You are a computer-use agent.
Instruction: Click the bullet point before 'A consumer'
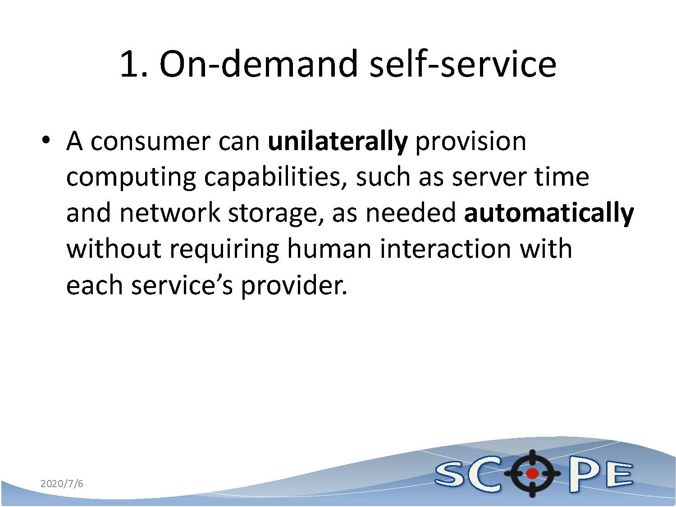(46, 140)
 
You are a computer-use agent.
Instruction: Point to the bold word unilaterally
(338, 142)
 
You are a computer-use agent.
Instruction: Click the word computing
(131, 179)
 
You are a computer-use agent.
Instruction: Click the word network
(170, 213)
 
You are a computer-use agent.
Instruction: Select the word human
(329, 249)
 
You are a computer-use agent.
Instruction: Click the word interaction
(446, 249)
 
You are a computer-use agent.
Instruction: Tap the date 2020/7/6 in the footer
(62, 484)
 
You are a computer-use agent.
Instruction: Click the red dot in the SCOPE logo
(532, 473)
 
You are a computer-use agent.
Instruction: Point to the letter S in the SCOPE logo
(452, 475)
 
